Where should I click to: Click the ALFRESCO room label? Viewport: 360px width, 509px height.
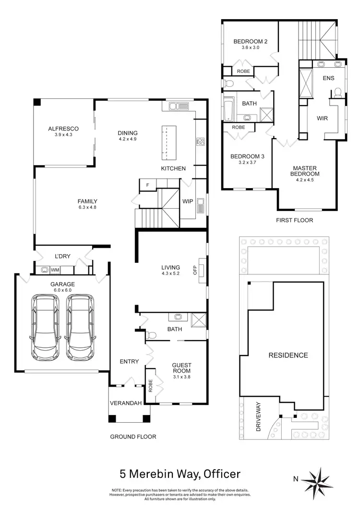click(63, 129)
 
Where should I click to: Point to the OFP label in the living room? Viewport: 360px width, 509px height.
click(195, 271)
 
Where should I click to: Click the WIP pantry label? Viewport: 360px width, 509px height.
click(188, 201)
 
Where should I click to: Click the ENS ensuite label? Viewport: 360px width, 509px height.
click(328, 78)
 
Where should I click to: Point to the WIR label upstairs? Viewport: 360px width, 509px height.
click(322, 118)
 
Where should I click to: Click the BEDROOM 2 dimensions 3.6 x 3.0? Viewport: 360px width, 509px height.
click(250, 48)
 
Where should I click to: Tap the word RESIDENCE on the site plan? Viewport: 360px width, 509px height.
click(288, 355)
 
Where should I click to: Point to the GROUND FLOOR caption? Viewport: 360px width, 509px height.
click(133, 437)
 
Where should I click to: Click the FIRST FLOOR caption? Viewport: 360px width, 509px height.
click(295, 220)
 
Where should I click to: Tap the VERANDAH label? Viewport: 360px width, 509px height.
click(126, 403)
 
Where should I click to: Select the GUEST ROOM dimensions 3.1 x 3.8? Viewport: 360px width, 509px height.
click(181, 377)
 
